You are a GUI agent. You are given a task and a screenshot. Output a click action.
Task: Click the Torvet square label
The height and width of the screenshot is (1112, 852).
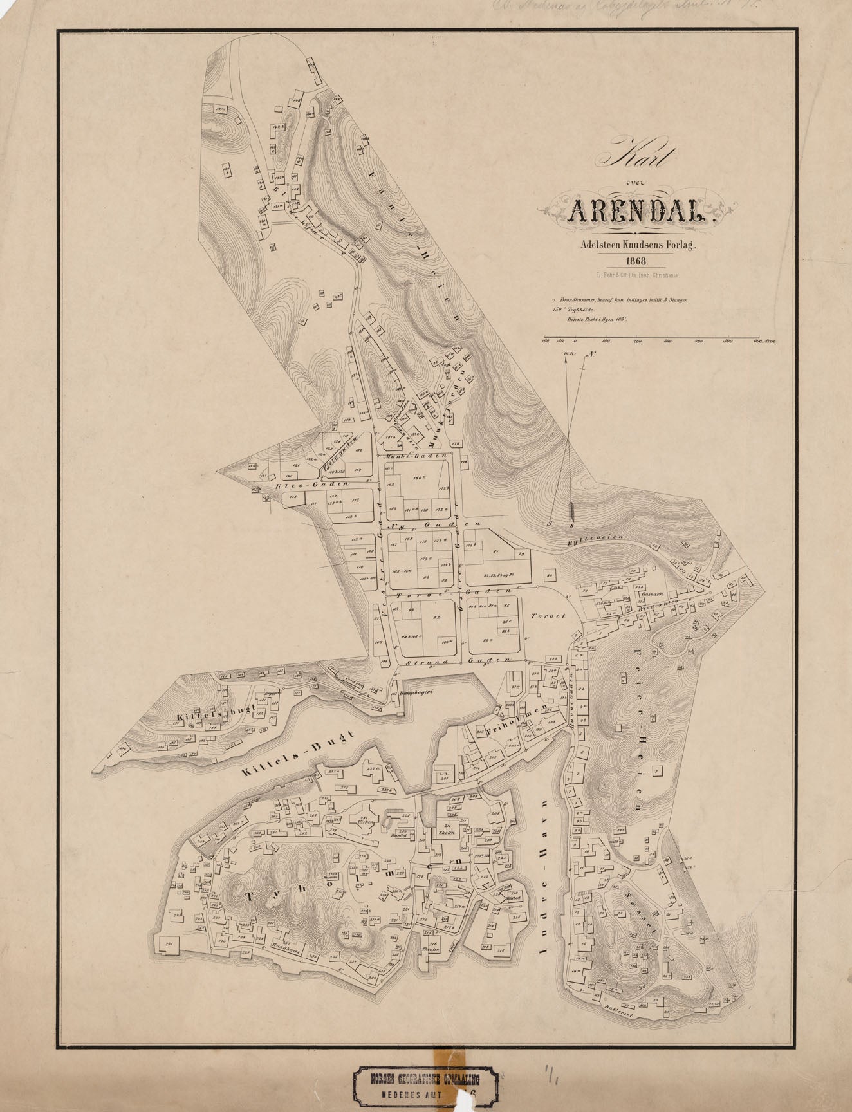pyautogui.click(x=548, y=616)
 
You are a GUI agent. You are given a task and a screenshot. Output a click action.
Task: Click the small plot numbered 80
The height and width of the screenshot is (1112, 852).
pyautogui.click(x=549, y=575)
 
